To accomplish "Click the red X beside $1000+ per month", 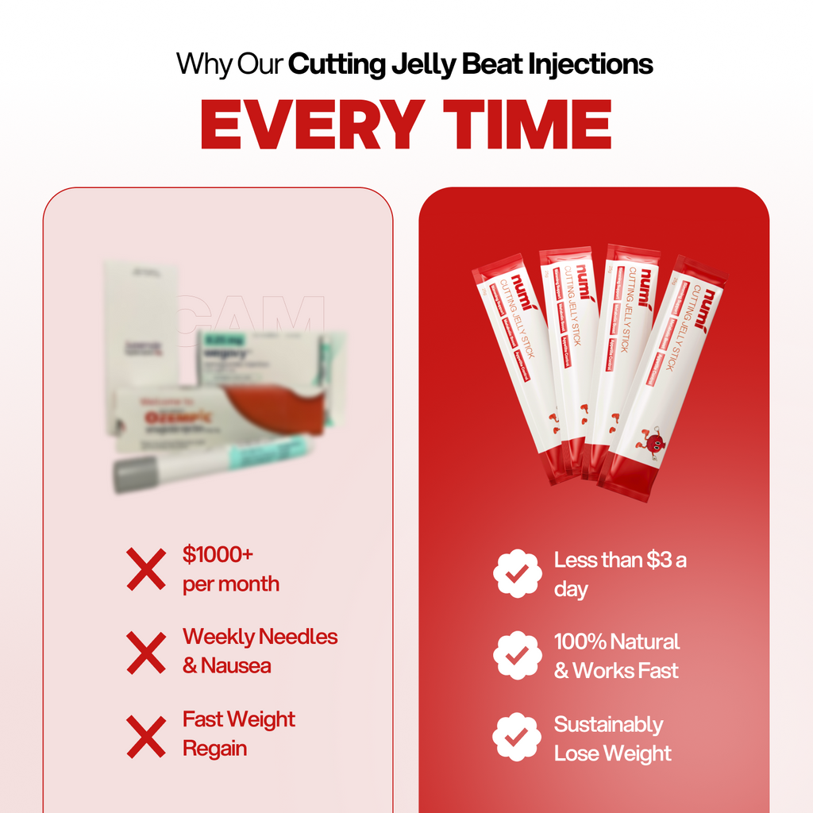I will (x=146, y=568).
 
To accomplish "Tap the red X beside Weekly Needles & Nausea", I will (x=146, y=651).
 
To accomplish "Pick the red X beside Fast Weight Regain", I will (x=146, y=734).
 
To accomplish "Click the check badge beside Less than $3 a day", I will (x=518, y=573).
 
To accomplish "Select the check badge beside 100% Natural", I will (x=518, y=656).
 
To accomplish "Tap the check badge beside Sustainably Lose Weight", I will (x=518, y=738).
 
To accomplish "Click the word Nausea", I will (x=236, y=665).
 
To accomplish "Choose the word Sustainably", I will (x=608, y=724).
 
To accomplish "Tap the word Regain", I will (x=214, y=748).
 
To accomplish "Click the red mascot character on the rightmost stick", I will (x=653, y=443).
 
